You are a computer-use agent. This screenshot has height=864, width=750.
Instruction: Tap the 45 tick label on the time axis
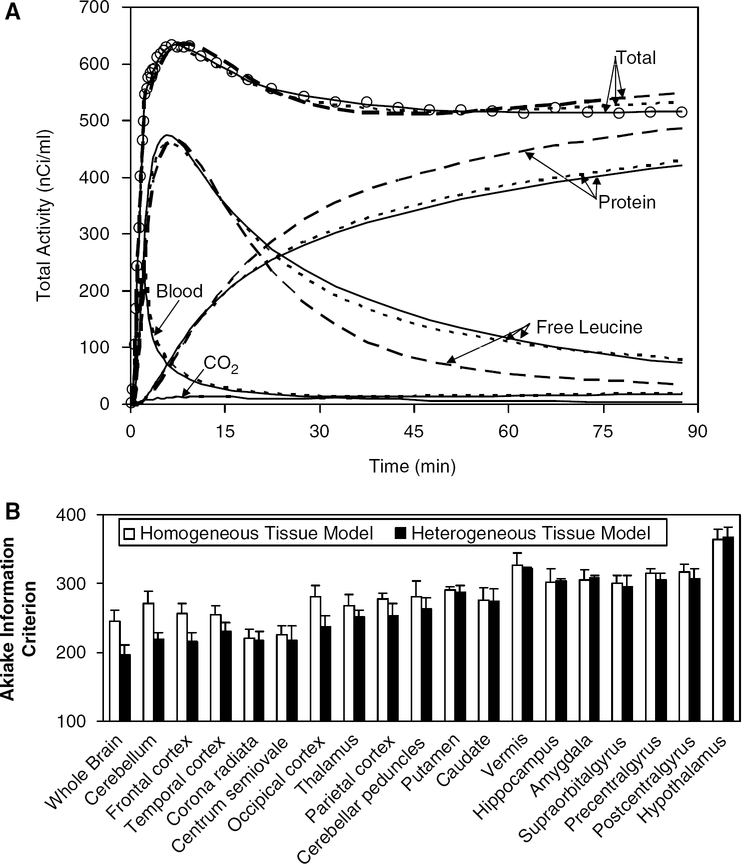click(x=414, y=431)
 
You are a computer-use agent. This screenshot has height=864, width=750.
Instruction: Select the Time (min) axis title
click(x=412, y=466)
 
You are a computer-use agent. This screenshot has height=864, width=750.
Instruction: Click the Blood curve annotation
click(x=179, y=291)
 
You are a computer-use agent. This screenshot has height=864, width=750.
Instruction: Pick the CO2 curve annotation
click(x=221, y=365)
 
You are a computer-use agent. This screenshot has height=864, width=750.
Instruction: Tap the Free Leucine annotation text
click(x=589, y=327)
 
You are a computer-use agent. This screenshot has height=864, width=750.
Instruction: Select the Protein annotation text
click(x=627, y=202)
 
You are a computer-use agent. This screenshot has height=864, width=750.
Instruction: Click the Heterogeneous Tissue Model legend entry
click(x=523, y=533)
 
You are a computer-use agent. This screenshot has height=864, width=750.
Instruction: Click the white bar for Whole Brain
click(x=115, y=671)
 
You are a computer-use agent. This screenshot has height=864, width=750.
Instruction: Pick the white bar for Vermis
click(x=517, y=643)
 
